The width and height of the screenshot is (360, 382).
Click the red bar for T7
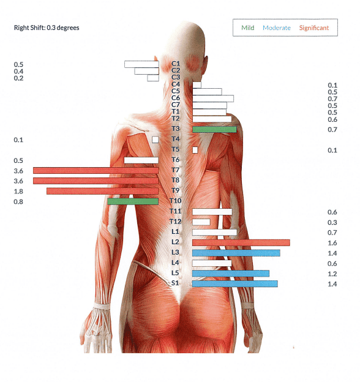(96, 171)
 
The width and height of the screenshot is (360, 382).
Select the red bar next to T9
(102, 191)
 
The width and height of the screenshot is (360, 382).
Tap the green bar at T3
(214, 129)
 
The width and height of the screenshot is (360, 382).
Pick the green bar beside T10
(133, 201)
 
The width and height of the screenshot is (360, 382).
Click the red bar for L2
(241, 242)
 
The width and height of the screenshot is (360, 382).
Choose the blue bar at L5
(231, 274)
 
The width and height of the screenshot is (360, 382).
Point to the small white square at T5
(195, 150)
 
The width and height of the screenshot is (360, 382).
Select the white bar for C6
(213, 99)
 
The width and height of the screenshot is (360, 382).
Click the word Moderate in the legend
(277, 28)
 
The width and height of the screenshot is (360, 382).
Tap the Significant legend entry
(314, 28)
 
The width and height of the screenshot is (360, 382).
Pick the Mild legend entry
(248, 28)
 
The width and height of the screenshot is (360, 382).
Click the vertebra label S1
(175, 283)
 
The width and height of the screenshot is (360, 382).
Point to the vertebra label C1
(176, 64)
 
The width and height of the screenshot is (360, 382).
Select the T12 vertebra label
(175, 222)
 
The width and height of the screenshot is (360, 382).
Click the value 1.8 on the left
(18, 192)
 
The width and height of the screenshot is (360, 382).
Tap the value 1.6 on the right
(332, 243)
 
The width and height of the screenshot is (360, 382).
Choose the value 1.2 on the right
(332, 274)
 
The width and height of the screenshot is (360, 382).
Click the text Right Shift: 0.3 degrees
(47, 28)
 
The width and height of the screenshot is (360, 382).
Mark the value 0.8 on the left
(18, 202)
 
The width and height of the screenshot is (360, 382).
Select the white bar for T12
(201, 222)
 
